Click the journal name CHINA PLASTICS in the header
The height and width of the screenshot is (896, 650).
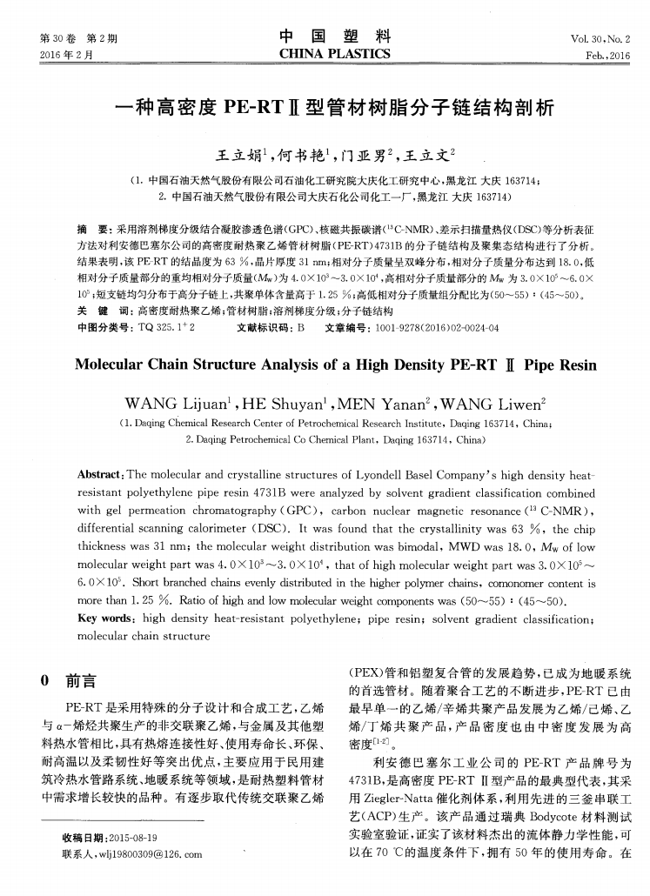[335, 55]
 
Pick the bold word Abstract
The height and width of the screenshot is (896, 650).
[103, 478]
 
